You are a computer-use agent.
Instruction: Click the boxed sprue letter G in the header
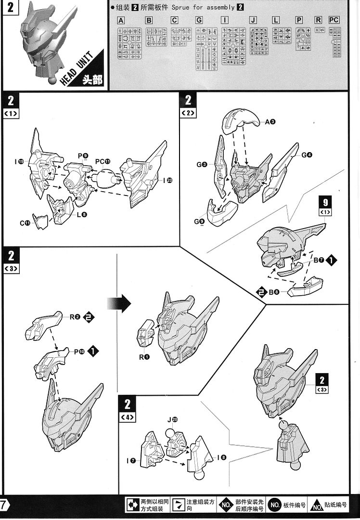(x=199, y=20)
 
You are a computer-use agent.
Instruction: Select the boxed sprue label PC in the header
(x=334, y=20)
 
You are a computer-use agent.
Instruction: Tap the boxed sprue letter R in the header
(x=318, y=20)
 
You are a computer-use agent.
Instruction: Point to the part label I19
(x=19, y=162)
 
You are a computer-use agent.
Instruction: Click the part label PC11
(x=103, y=161)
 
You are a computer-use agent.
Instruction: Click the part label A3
(x=270, y=122)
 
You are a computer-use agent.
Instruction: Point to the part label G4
(x=307, y=155)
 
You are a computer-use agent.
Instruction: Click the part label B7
(x=319, y=260)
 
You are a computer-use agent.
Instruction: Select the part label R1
(x=144, y=357)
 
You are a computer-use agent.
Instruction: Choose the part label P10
(x=79, y=352)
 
